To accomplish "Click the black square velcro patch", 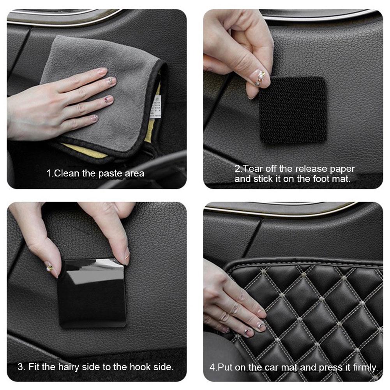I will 293,110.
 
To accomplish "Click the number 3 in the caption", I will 20,367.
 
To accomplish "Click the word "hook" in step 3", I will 132,367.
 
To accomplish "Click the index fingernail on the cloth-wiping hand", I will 102,71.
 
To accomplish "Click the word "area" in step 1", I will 134,173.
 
